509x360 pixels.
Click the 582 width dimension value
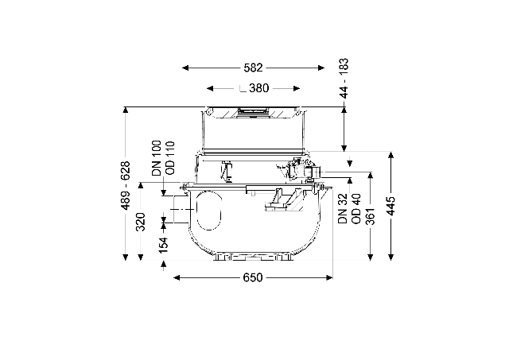[x=253, y=68]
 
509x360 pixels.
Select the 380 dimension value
[x=259, y=88]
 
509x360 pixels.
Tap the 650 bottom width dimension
[x=253, y=277]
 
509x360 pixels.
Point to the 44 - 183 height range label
[x=344, y=78]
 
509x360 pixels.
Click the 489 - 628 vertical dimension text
[x=126, y=185]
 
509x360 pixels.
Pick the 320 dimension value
[x=141, y=222]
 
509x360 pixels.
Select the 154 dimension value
[x=164, y=246]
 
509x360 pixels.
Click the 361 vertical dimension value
[x=371, y=215]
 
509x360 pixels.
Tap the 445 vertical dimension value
[x=391, y=206]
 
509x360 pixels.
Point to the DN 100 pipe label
[x=157, y=158]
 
